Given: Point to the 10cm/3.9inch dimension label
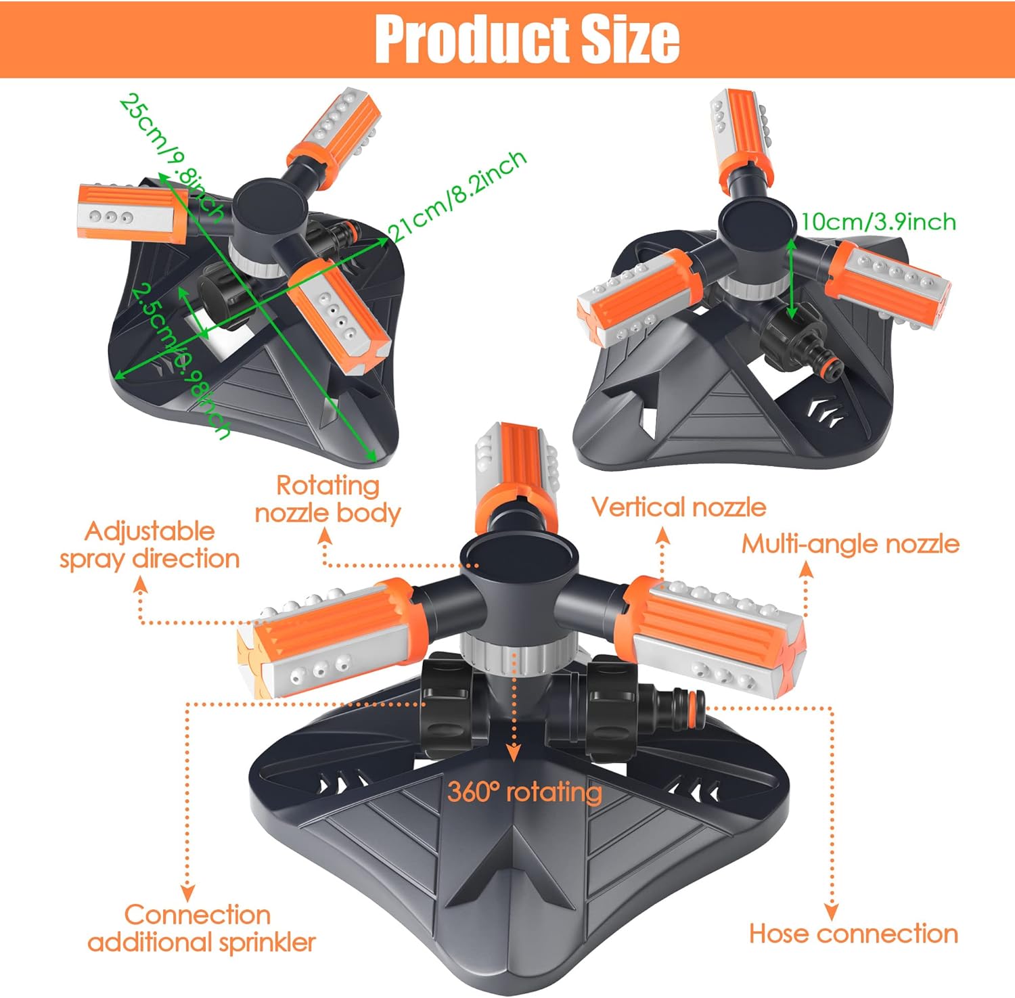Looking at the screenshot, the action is pos(878,222).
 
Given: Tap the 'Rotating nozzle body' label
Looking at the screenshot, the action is pos(328,499).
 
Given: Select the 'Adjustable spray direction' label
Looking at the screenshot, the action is pos(150,545).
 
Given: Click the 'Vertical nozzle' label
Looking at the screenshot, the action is pos(678,507).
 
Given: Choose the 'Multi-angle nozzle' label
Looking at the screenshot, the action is pos(850,544).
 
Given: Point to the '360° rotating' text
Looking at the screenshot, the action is pos(524,791).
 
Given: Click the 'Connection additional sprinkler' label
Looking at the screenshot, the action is pos(201,928).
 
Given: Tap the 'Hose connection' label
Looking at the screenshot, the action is pos(853,934).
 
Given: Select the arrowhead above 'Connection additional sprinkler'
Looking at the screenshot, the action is pos(187,892).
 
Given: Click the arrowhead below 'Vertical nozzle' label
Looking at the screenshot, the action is pos(663,537).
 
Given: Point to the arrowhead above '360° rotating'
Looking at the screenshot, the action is pos(514,752).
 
